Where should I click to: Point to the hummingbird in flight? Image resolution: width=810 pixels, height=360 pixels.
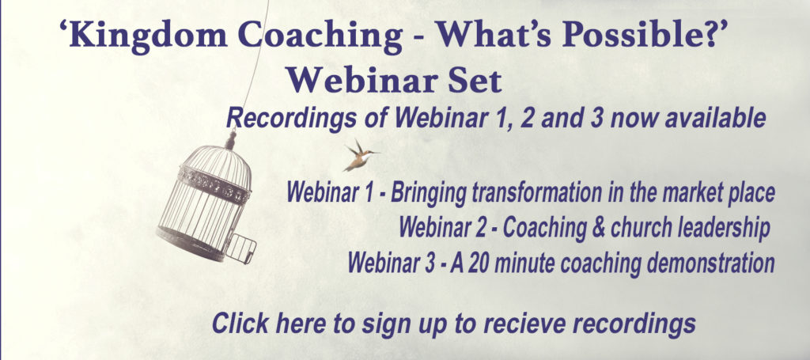click(361, 155)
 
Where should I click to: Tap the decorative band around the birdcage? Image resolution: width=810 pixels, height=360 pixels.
click(214, 185)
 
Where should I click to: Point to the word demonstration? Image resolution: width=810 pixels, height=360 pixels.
click(710, 263)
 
